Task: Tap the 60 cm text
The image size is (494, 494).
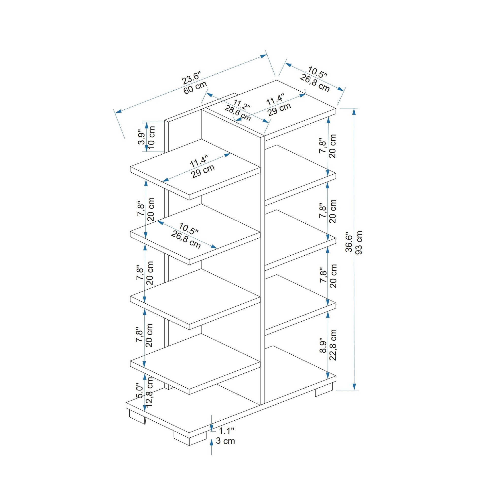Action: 195,87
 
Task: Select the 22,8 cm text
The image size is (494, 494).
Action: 333,345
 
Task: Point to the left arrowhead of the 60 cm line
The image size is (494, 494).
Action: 118,111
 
